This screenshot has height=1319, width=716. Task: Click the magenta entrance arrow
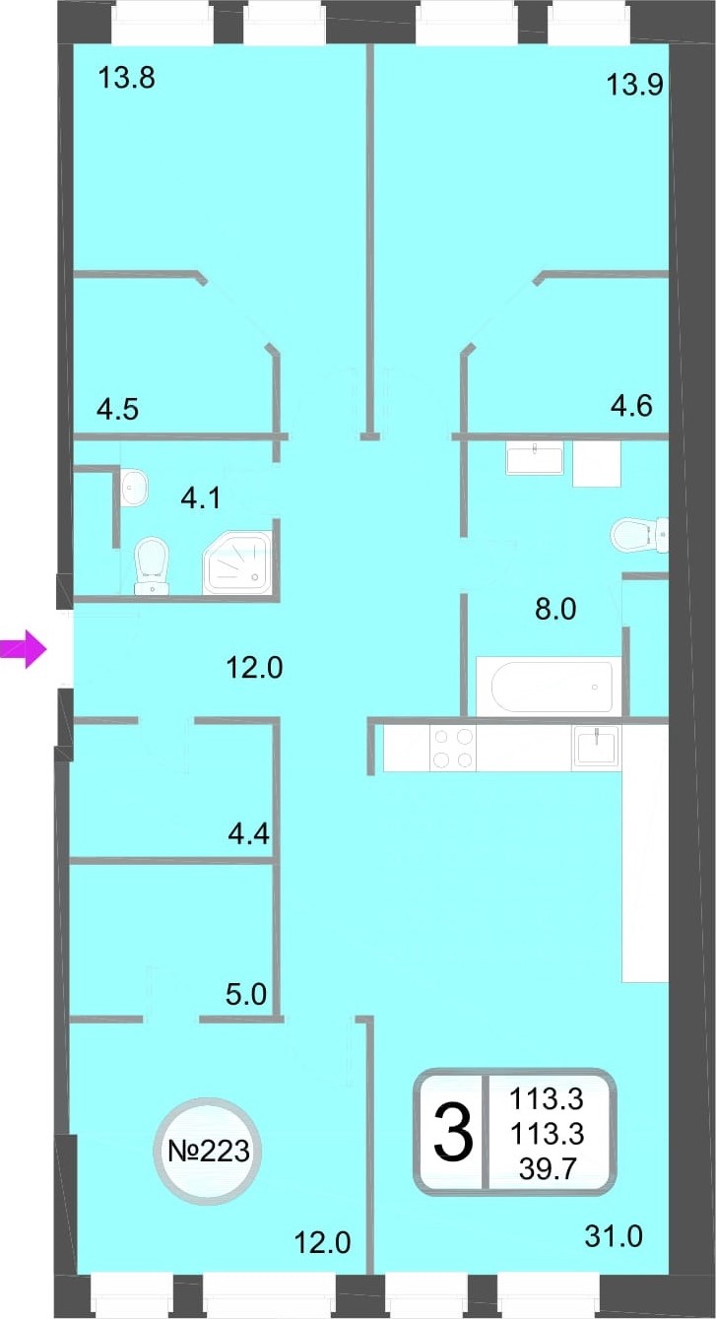coord(24,650)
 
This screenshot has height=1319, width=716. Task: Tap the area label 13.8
coord(127,78)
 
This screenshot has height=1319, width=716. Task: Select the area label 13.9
coord(634,86)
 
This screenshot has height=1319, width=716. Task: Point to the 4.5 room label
coord(118,409)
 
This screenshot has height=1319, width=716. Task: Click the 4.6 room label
coord(631,406)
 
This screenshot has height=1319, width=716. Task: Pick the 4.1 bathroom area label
coord(200,499)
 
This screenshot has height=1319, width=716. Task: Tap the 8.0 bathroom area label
coord(555,609)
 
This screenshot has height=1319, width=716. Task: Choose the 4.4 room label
coord(248,833)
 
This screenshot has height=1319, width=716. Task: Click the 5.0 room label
coord(246,995)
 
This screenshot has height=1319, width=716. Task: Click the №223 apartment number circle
coord(209,1151)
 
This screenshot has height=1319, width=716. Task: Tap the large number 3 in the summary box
coord(453,1133)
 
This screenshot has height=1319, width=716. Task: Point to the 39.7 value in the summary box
coord(547,1168)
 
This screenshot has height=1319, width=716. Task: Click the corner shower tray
coord(238,562)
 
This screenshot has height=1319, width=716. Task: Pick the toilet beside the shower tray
coord(152,565)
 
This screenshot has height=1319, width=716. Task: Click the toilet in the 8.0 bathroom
coord(639,535)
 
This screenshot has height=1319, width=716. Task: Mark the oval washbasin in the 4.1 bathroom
coord(134,487)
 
